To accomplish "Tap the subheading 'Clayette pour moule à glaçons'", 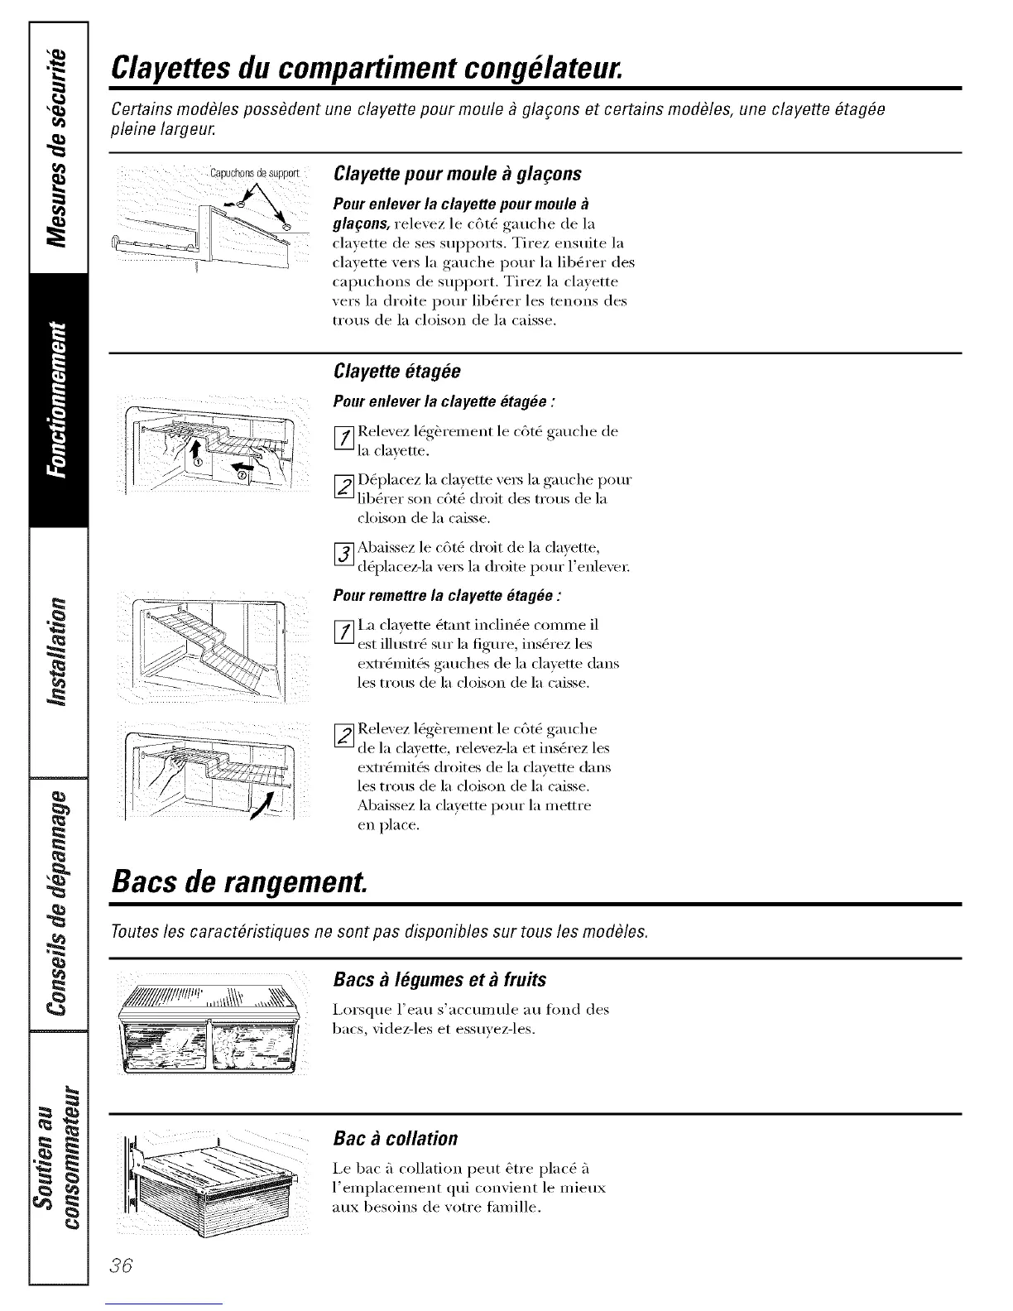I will pyautogui.click(x=457, y=174).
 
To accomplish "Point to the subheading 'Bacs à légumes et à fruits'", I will pyautogui.click(x=439, y=979).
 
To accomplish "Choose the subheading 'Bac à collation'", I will pyautogui.click(x=395, y=1137).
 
